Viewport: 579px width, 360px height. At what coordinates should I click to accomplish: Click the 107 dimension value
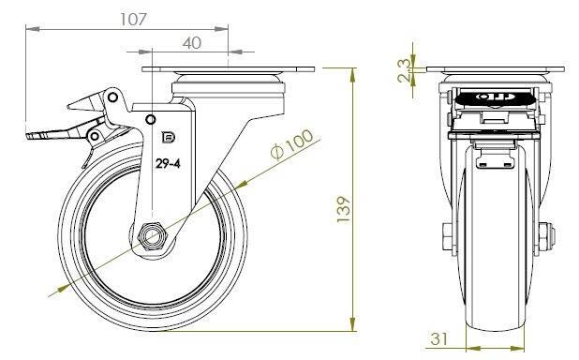click(x=134, y=20)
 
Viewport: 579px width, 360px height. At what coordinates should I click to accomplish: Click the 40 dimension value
click(x=192, y=43)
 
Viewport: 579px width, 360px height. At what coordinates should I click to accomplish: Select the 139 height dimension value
click(x=344, y=209)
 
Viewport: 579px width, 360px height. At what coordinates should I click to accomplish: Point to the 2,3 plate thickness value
click(x=404, y=70)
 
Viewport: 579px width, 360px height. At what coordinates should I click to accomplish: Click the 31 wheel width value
click(x=439, y=338)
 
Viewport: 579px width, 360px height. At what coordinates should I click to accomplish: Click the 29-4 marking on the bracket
click(x=168, y=163)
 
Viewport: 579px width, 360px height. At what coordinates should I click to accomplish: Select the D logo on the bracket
click(x=169, y=137)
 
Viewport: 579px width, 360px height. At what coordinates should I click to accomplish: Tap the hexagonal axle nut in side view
click(x=153, y=237)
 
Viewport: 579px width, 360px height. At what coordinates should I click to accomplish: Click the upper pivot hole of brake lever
click(x=113, y=97)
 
